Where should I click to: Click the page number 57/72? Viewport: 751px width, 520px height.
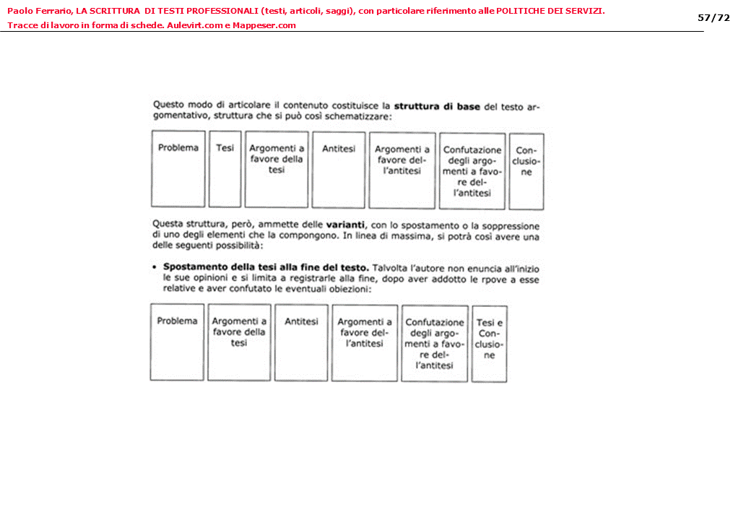(713, 18)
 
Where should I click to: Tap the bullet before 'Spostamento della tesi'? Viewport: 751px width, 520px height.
(155, 267)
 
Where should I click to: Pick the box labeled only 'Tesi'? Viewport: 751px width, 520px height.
(225, 169)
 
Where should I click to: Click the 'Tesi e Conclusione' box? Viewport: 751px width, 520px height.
(489, 343)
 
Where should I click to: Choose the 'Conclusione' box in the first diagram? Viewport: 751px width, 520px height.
(526, 171)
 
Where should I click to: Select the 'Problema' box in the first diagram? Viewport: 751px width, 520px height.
(178, 169)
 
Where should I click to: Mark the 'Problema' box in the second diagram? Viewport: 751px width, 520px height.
(177, 342)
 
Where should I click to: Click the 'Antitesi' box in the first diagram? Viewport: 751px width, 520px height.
(339, 169)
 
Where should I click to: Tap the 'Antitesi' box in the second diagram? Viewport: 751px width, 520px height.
(301, 342)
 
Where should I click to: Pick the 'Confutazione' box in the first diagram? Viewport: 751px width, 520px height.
(472, 171)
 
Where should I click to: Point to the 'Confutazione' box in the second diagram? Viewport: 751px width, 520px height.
(434, 343)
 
